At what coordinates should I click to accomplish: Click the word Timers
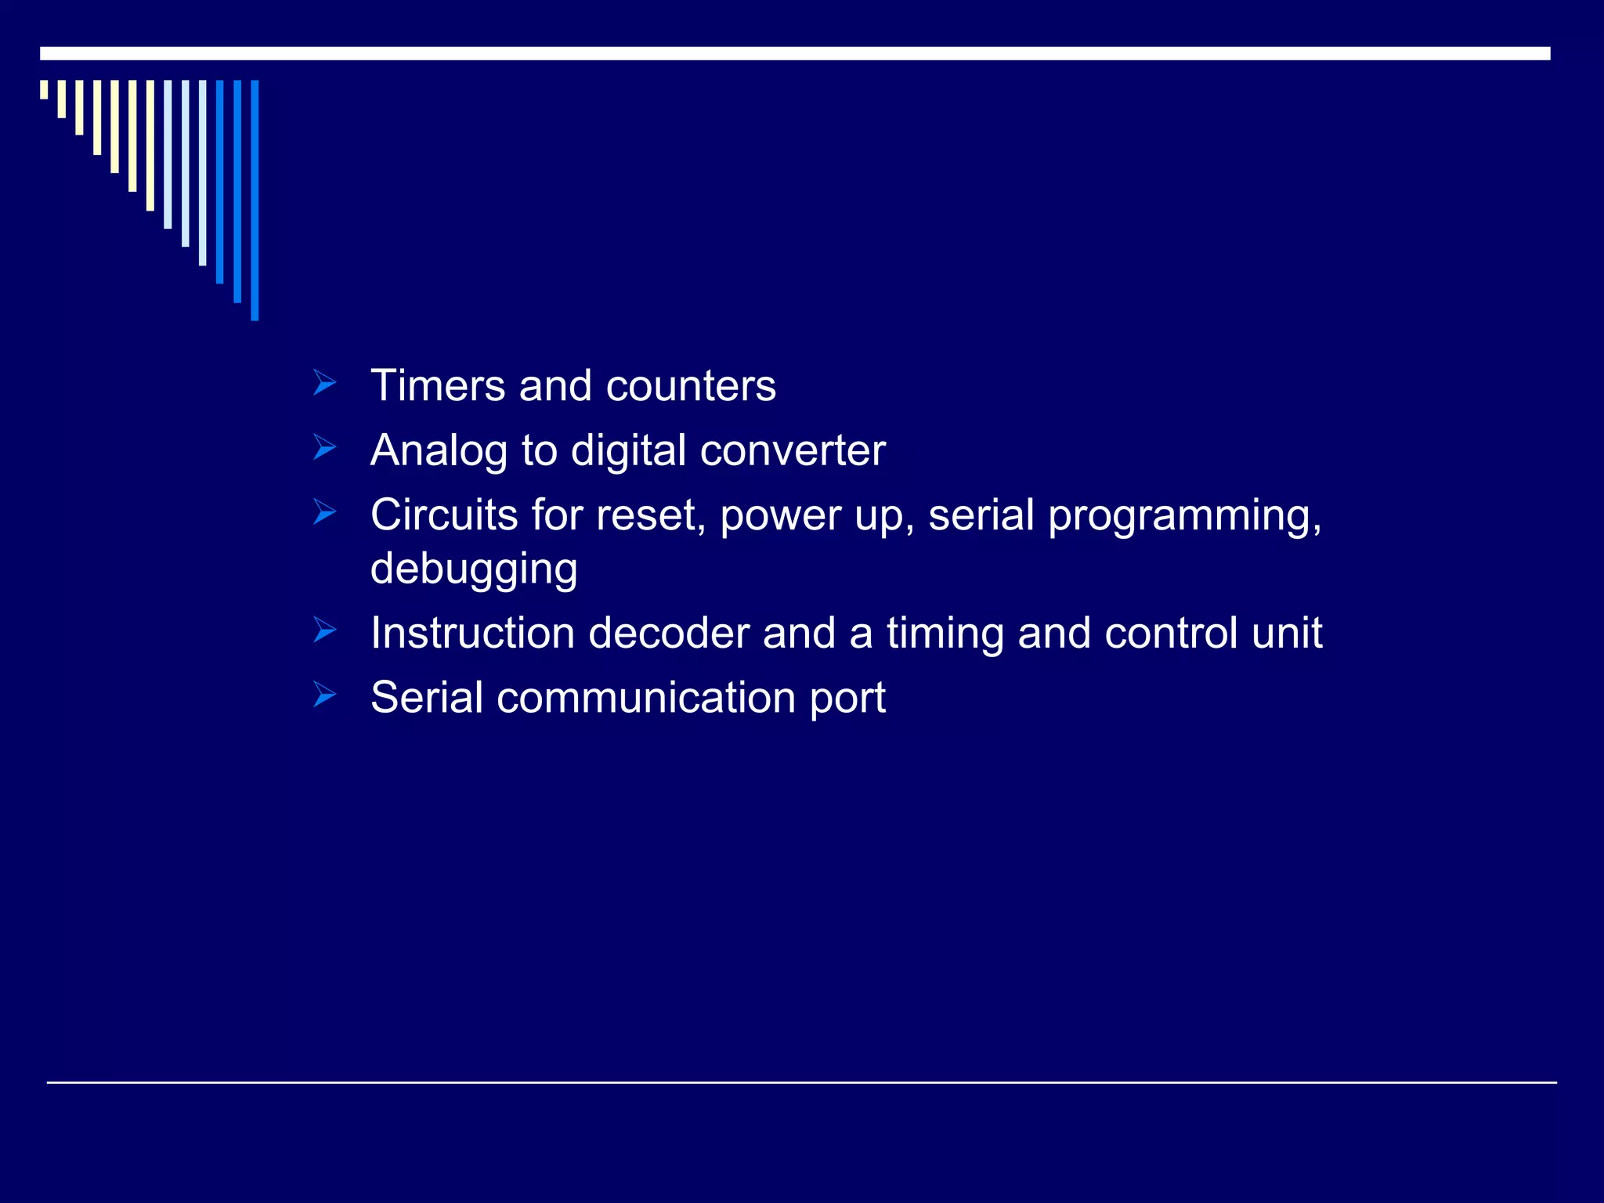pyautogui.click(x=438, y=385)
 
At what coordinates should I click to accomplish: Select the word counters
pyautogui.click(x=691, y=387)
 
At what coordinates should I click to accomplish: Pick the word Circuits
pyautogui.click(x=444, y=515)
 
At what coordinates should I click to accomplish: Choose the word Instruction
pyautogui.click(x=472, y=633)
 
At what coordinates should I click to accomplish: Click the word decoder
pyautogui.click(x=669, y=633)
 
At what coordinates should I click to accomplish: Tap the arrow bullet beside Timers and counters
pyautogui.click(x=324, y=384)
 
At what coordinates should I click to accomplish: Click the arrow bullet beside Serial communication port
pyautogui.click(x=324, y=695)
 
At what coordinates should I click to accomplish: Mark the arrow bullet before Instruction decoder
pyautogui.click(x=324, y=630)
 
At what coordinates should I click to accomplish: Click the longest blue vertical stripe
pyautogui.click(x=255, y=200)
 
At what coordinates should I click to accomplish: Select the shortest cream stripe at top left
pyautogui.click(x=44, y=89)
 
